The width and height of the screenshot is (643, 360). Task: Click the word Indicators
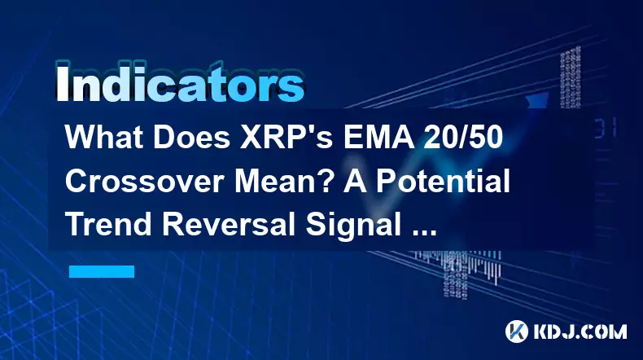point(180,83)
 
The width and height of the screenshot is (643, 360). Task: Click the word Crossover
point(146,182)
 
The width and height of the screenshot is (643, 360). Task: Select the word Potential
point(444,182)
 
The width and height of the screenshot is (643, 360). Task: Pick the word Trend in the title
point(109,226)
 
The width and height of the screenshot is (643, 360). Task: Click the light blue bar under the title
point(102,271)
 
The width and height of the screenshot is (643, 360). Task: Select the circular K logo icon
point(517,331)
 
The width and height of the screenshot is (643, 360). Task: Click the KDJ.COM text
point(580,331)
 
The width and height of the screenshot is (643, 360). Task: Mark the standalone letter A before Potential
point(355,182)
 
